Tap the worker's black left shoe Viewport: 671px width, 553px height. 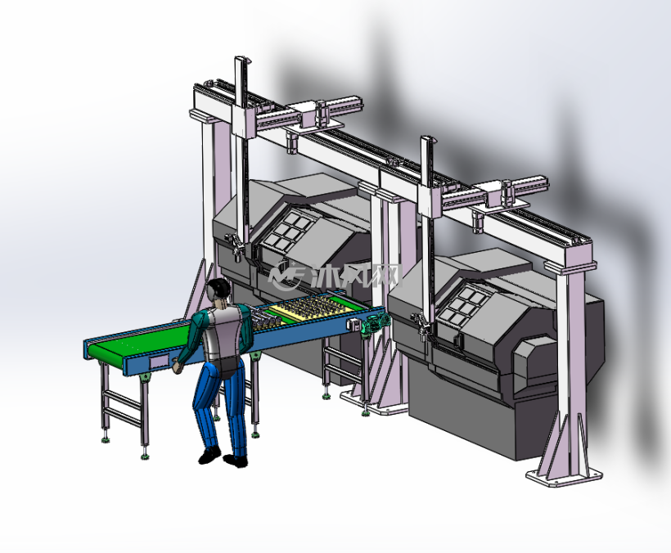209,455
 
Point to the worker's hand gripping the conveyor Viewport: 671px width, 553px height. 177,366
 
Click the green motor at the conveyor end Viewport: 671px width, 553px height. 375,323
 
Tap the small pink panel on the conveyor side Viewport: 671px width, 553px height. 158,362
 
